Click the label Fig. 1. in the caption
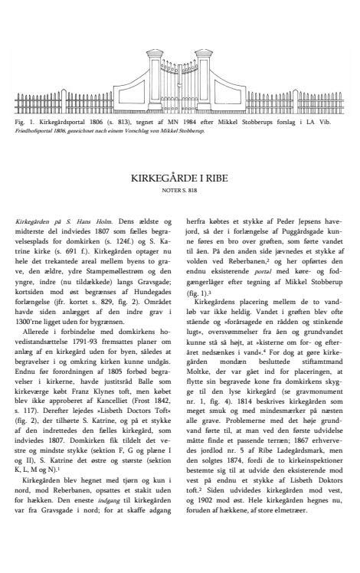[23, 121]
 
